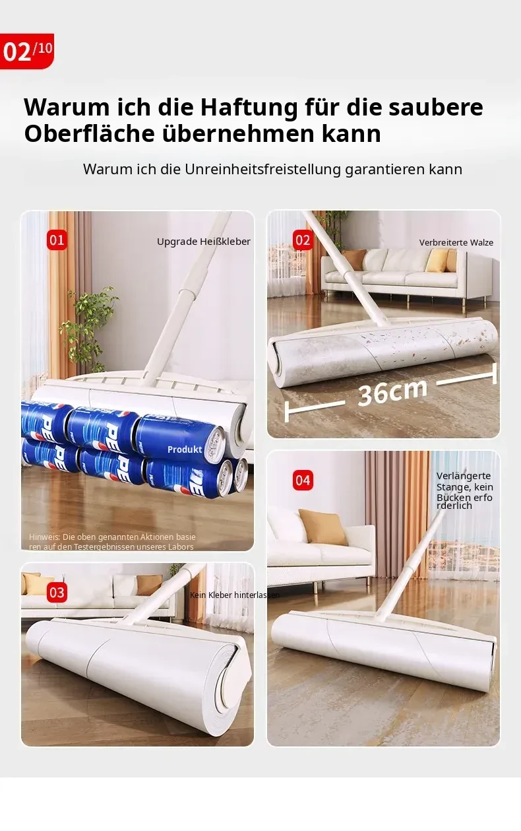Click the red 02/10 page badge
26,51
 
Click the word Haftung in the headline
249,107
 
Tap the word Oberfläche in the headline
89,133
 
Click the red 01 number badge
57,240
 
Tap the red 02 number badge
303,240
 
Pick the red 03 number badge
57,593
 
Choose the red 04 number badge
303,480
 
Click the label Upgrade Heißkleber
204,242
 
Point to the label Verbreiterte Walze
456,243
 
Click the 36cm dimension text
393,393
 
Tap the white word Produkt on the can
185,449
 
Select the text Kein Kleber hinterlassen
235,595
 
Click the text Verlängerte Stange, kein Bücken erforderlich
465,491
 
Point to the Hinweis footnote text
112,542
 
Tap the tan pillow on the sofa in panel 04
322,527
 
